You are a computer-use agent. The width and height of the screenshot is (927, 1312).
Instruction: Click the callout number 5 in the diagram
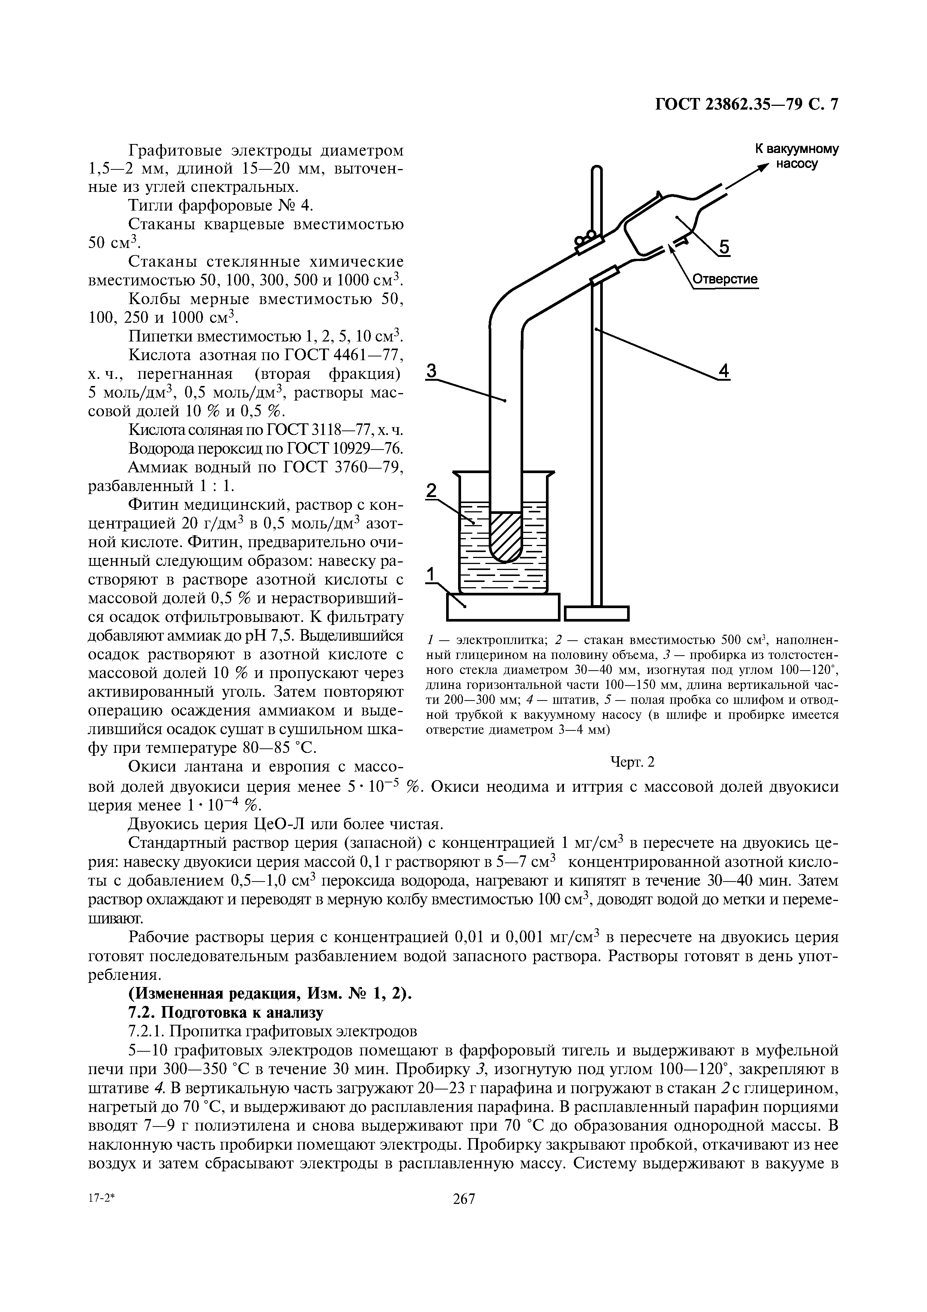724,248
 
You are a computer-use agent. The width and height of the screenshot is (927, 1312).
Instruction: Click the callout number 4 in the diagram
724,371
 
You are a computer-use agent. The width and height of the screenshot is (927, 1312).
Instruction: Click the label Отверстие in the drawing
725,279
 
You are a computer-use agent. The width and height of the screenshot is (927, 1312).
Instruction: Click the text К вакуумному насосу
797,156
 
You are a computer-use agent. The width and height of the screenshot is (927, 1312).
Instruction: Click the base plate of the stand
596,613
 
